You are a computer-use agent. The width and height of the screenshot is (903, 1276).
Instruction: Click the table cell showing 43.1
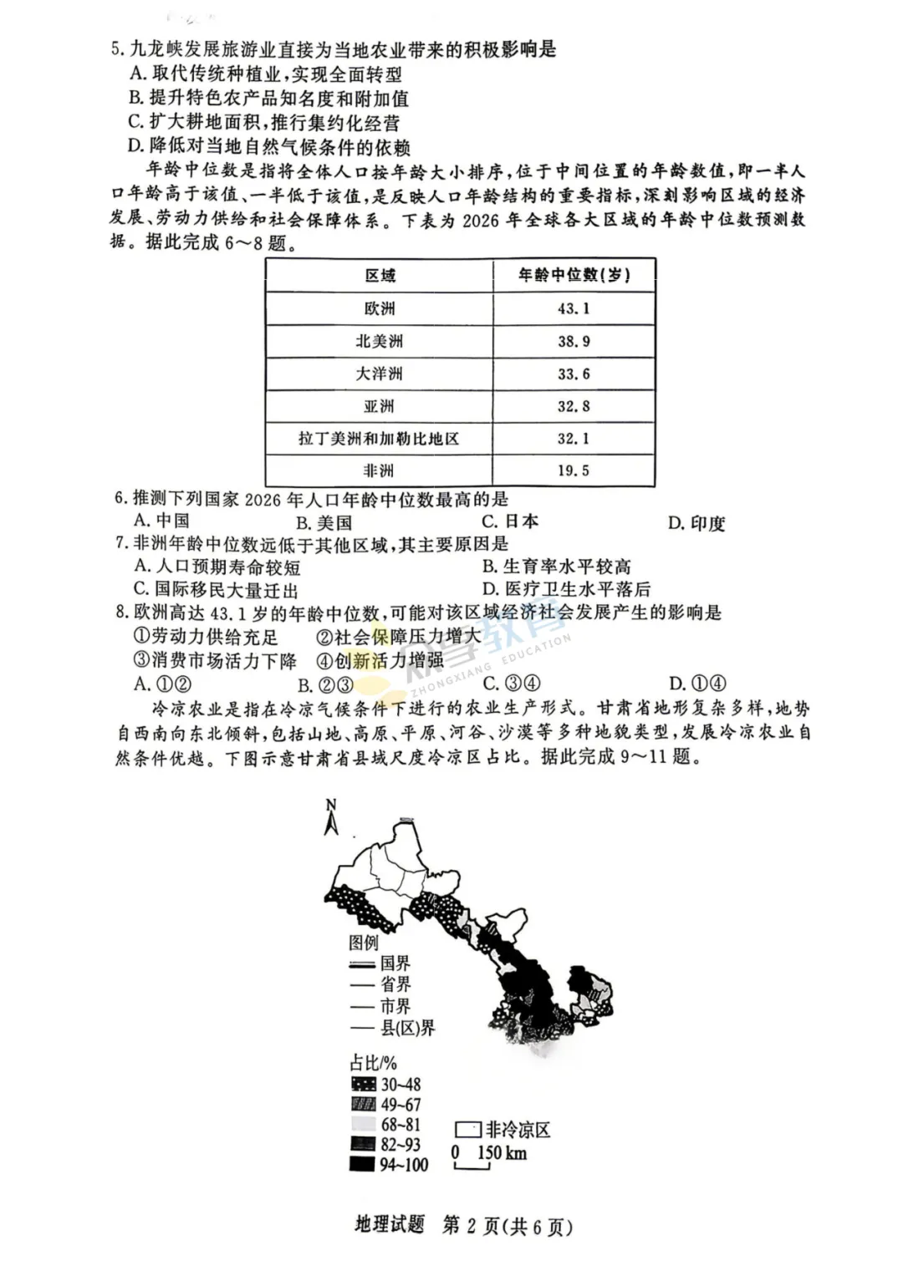pyautogui.click(x=574, y=308)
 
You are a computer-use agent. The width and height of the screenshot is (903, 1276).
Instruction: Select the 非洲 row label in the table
pyautogui.click(x=379, y=470)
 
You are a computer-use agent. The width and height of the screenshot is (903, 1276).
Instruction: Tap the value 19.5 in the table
pyautogui.click(x=574, y=470)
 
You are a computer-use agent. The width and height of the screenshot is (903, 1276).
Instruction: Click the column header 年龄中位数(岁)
pyautogui.click(x=574, y=275)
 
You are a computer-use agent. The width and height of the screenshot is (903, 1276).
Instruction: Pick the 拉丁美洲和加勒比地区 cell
pyautogui.click(x=379, y=439)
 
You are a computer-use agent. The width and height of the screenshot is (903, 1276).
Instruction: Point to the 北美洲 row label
pyautogui.click(x=379, y=341)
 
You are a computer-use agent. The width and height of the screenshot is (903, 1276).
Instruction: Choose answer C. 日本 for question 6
pyautogui.click(x=510, y=521)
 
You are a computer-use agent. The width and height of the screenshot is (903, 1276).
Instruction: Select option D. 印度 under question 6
pyautogui.click(x=696, y=523)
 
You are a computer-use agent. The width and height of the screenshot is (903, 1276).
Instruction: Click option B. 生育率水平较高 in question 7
pyautogui.click(x=556, y=567)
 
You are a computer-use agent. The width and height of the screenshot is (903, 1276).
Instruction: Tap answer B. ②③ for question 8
pyautogui.click(x=325, y=685)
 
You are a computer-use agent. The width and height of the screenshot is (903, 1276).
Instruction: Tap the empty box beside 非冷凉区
pyautogui.click(x=467, y=1130)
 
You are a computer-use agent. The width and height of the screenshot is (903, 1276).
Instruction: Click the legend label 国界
pyautogui.click(x=395, y=963)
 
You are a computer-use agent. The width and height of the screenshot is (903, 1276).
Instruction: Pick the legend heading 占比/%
pyautogui.click(x=373, y=1063)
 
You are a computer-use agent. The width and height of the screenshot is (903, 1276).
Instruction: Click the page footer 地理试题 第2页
pyautogui.click(x=463, y=1226)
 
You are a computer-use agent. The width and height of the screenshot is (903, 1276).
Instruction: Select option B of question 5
pyautogui.click(x=268, y=99)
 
